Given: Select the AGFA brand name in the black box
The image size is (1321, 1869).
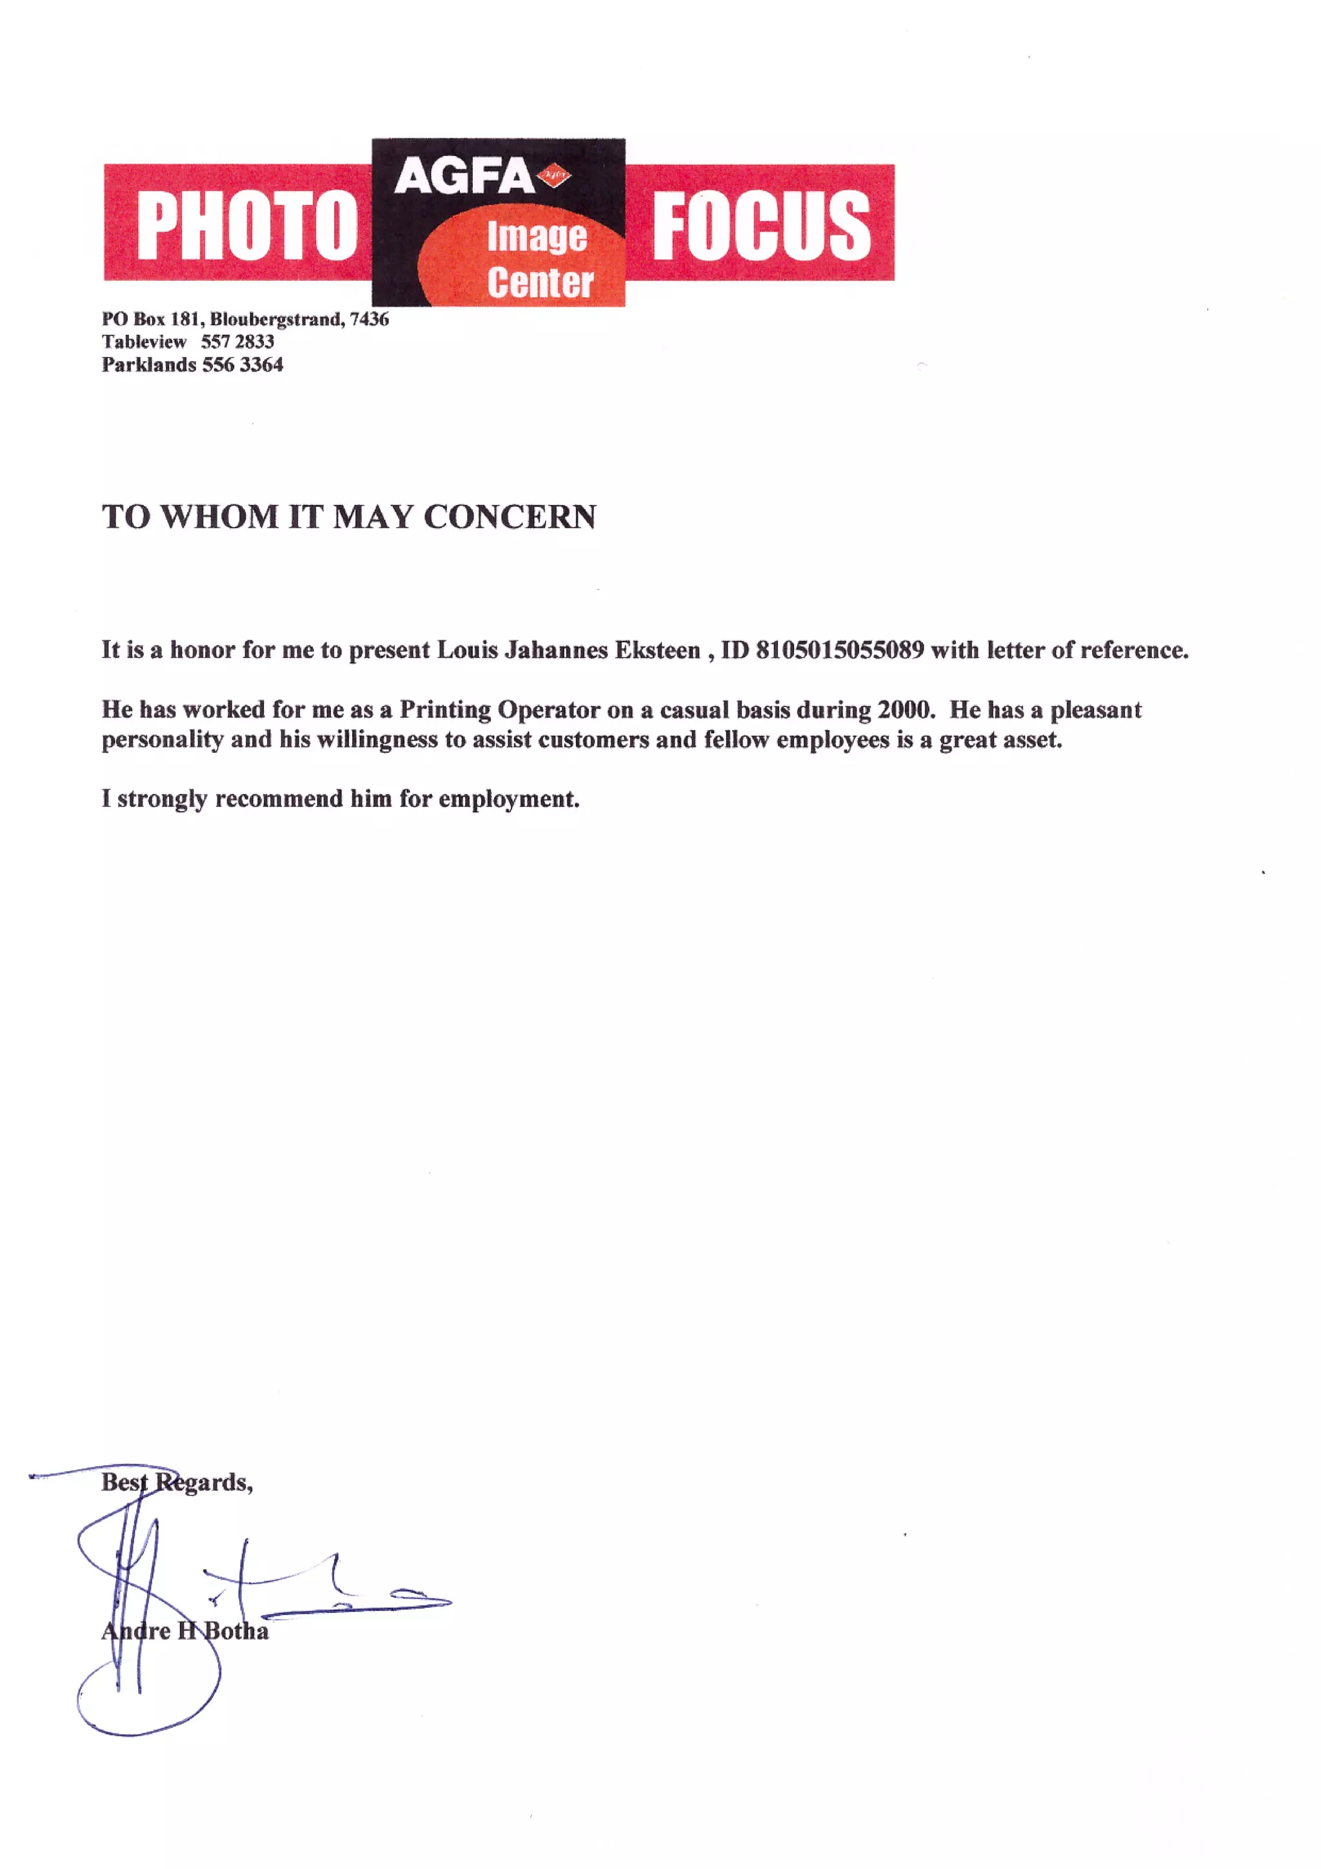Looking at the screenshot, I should pos(463,177).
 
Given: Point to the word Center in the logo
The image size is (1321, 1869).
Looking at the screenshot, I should pos(541,282).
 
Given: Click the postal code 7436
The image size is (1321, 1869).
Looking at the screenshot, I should pos(369,319).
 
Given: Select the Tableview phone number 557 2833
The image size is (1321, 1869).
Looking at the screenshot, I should pos(237,342).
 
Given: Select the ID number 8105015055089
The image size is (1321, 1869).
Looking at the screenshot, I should pos(839,650).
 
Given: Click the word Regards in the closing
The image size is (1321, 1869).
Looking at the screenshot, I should pos(203,1482).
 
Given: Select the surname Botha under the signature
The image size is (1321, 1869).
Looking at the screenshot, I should pos(236,1631).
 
